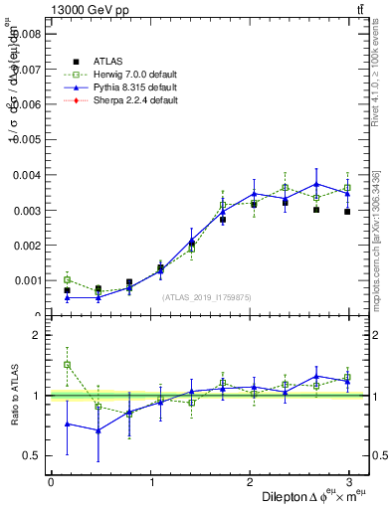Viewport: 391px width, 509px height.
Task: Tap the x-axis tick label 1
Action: (x=151, y=482)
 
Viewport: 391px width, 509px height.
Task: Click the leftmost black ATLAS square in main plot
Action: (x=67, y=290)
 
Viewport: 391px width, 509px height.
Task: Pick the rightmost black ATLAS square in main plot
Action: (x=347, y=212)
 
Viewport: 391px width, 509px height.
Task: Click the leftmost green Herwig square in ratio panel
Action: (x=67, y=365)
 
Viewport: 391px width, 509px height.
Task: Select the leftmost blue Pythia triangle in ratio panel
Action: (x=67, y=424)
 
